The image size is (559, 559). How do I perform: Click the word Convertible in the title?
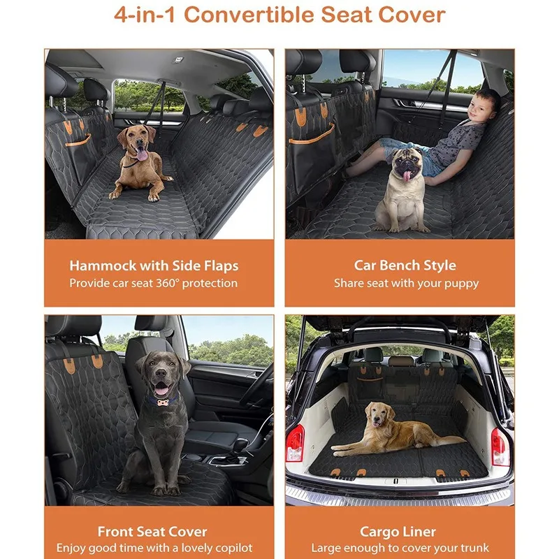click(249, 15)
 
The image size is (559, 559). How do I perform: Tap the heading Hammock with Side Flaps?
click(154, 266)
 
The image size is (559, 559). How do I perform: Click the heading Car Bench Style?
click(405, 266)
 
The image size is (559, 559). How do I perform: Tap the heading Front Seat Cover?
click(152, 532)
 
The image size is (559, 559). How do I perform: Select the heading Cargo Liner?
click(398, 532)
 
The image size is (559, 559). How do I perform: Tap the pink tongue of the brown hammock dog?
click(142, 154)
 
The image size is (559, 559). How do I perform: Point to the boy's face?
click(480, 106)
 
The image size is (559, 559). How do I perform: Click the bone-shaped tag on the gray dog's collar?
click(163, 403)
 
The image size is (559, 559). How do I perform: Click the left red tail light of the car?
click(296, 443)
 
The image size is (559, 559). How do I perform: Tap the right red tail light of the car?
click(500, 447)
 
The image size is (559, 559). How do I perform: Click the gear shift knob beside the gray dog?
click(241, 444)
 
